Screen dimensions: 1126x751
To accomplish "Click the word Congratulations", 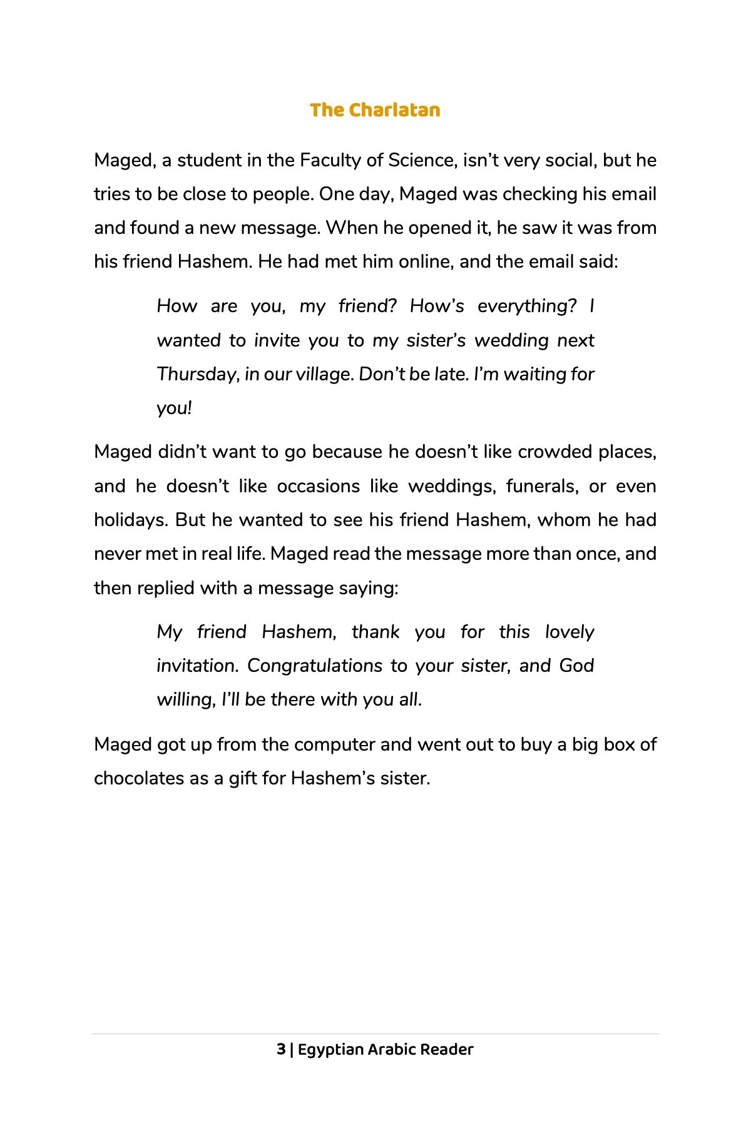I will point(315,666).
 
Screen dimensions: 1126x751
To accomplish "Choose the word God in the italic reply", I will point(576,666).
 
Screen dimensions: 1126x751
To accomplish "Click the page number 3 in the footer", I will point(281,1050).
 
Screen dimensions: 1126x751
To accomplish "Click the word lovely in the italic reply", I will point(569,632).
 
